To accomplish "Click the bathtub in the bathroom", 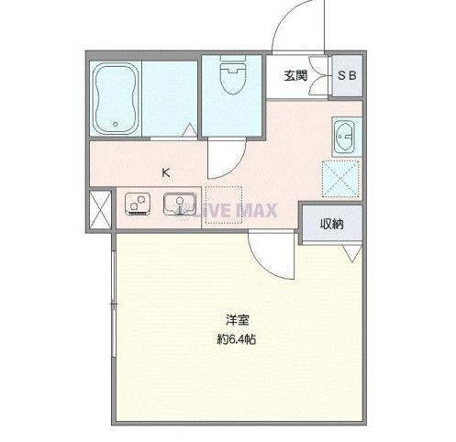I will [117, 97].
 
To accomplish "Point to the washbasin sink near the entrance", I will [344, 137].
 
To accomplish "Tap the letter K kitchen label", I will [166, 171].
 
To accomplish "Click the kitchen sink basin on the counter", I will [179, 204].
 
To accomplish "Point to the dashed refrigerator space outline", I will [224, 204].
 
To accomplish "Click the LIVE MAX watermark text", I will [229, 211].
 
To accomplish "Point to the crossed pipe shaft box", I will [100, 209].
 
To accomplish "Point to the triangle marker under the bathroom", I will [189, 131].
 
